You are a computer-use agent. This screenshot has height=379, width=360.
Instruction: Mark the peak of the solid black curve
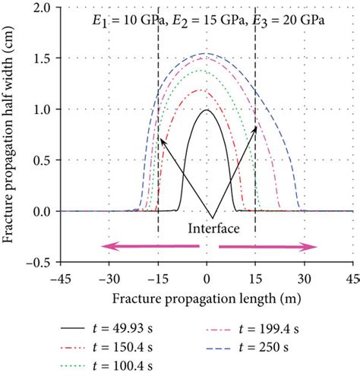point(206,110)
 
